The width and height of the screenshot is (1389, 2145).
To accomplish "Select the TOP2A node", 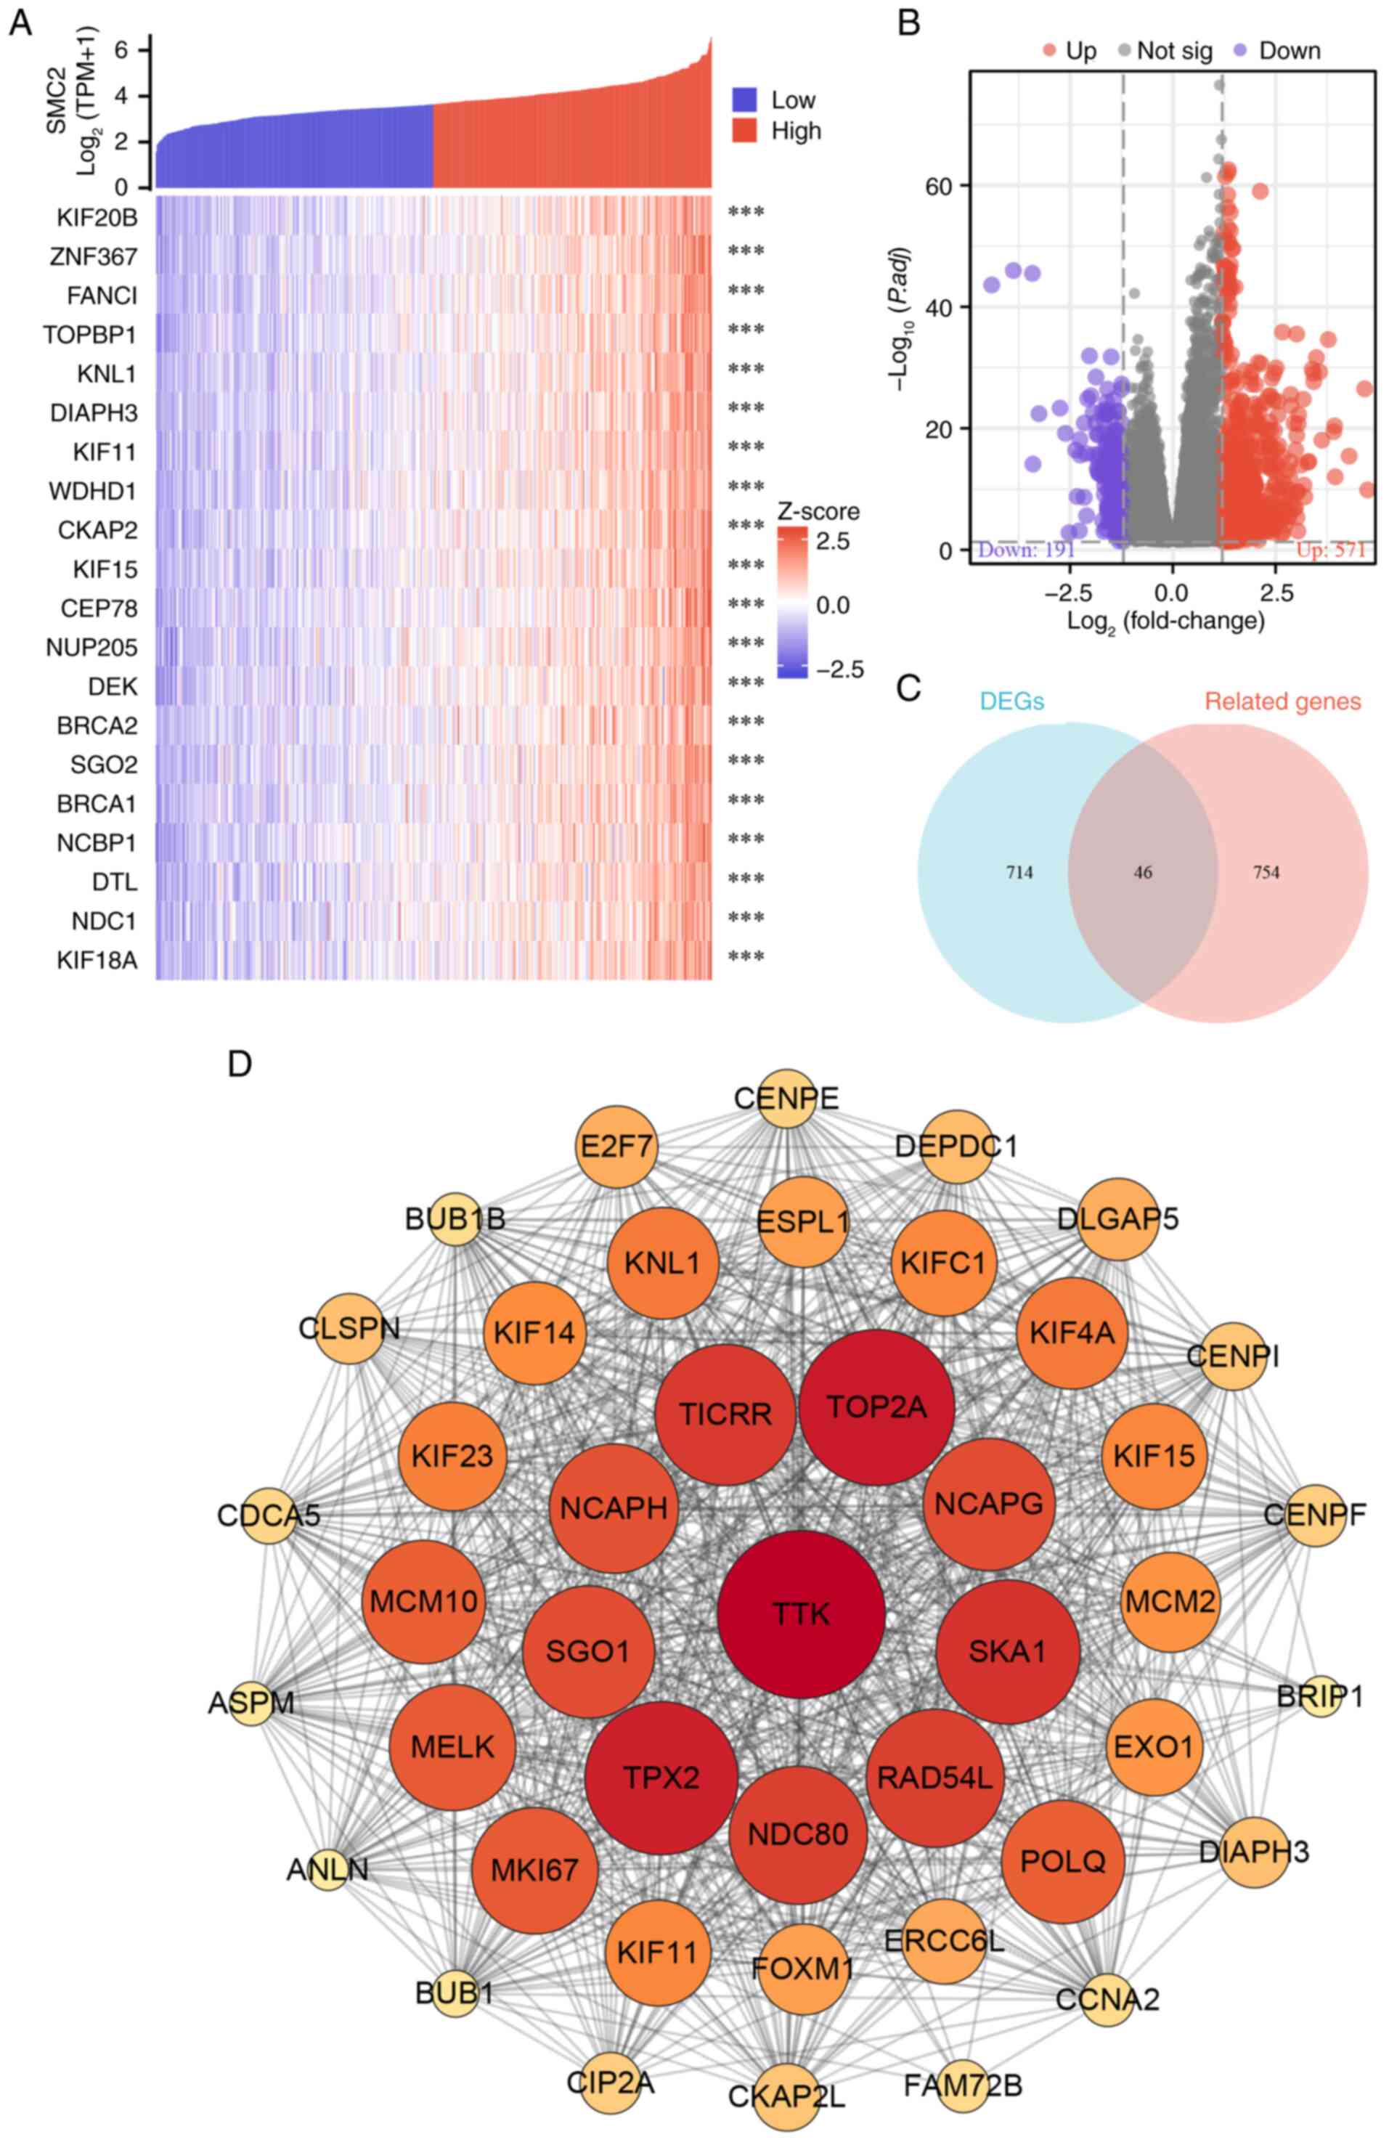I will [875, 1407].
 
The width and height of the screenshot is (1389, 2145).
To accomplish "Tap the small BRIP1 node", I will [1319, 1697].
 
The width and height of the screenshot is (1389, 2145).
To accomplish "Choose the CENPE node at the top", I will [787, 1099].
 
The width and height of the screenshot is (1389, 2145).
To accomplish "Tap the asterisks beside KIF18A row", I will [746, 957].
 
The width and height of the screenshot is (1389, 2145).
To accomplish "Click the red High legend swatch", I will [744, 131].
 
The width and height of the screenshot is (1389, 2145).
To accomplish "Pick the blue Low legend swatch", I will [744, 99].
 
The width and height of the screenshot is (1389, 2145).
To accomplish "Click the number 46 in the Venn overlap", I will [1143, 872].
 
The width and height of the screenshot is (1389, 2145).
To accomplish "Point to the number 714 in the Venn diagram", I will [1019, 872].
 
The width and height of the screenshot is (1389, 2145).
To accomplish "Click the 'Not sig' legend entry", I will [1173, 51].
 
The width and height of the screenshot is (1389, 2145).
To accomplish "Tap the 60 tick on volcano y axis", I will [942, 186].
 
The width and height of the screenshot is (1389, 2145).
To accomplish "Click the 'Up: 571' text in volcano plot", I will [1330, 549].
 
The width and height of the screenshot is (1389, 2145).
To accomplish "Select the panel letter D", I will [240, 1065].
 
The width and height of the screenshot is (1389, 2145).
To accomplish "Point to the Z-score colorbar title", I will [818, 511].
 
